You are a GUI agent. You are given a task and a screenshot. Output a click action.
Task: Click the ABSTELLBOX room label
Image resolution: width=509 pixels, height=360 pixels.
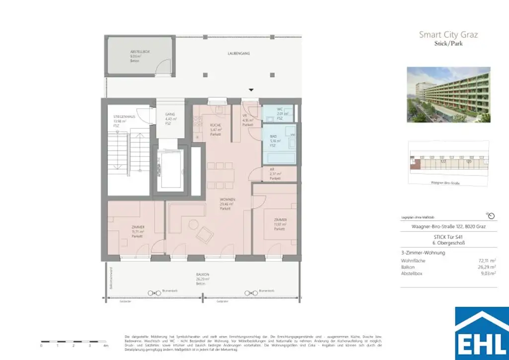point(138,52)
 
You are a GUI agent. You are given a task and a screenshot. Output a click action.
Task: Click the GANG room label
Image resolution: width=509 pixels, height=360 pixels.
point(170,114)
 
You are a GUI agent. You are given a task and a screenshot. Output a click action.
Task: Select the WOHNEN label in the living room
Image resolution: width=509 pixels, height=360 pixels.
point(227,200)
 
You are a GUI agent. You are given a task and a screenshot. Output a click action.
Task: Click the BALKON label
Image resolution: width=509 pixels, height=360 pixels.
point(202,274)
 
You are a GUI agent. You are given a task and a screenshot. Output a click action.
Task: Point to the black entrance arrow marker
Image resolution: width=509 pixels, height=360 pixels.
point(252,90)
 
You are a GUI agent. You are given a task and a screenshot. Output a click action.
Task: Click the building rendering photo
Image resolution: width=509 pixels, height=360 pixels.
point(448,94)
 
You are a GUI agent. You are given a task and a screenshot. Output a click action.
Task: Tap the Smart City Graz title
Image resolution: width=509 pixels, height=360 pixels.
point(448,34)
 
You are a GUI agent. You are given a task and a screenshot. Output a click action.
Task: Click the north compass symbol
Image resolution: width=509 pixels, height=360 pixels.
point(491,216)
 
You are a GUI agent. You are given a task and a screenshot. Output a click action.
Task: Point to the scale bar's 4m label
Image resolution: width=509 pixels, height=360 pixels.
point(105,345)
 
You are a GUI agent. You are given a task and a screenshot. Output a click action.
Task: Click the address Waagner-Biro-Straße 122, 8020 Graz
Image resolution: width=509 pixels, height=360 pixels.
point(448,227)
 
